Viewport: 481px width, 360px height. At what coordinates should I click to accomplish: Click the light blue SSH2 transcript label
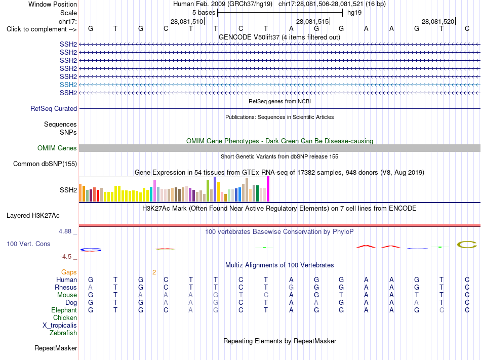pos(68,85)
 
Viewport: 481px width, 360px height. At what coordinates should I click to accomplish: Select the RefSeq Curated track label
pos(54,108)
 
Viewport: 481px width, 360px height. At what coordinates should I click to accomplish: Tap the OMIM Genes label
pos(57,148)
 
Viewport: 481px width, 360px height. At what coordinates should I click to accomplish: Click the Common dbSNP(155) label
pos(45,164)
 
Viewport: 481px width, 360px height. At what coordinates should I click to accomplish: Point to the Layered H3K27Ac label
pos(33,216)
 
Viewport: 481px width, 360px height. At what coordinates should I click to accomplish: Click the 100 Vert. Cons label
pos(28,244)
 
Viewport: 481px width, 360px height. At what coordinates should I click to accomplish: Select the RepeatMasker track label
pos(56,348)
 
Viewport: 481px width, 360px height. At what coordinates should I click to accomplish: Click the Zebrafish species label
pos(63,333)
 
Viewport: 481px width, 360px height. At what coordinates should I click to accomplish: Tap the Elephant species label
pos(64,310)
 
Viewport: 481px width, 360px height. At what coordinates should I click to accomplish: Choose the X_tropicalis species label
pos(60,326)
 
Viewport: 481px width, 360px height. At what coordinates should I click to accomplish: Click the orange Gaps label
pos(69,272)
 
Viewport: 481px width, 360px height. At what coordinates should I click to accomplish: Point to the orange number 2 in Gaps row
pos(154,272)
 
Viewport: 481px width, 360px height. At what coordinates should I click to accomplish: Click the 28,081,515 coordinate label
pos(312,21)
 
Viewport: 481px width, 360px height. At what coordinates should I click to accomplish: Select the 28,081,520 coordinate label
pos(438,21)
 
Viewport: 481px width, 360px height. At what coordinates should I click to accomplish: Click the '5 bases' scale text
pos(204,13)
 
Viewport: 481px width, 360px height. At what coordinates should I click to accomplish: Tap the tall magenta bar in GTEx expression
pos(268,189)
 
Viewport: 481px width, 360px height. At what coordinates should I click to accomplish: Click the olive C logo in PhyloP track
pos(467,245)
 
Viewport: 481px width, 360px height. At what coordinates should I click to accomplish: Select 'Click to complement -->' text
pos(42,29)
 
